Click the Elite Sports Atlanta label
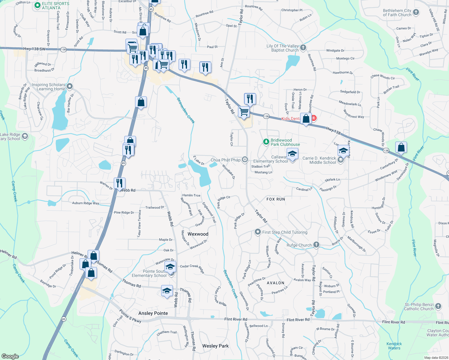pyautogui.click(x=56, y=6)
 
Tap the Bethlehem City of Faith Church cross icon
pyautogui.click(x=416, y=12)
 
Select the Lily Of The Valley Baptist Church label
pyautogui.click(x=282, y=48)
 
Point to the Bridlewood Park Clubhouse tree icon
pyautogui.click(x=266, y=142)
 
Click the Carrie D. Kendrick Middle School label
pyautogui.click(x=319, y=160)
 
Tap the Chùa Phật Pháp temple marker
pyautogui.click(x=245, y=160)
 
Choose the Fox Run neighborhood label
pyautogui.click(x=276, y=199)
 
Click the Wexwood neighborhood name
pyautogui.click(x=198, y=234)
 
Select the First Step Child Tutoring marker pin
pyautogui.click(x=258, y=232)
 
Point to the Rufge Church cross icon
pyautogui.click(x=316, y=245)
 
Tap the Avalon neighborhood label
pyautogui.click(x=275, y=283)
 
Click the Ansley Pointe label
pyautogui.click(x=153, y=313)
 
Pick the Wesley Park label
pyautogui.click(x=215, y=346)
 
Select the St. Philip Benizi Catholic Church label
pyautogui.click(x=419, y=307)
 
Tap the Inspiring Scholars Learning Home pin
pyautogui.click(x=70, y=87)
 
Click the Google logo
pyautogui.click(x=10, y=356)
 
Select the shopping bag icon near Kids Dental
pyautogui.click(x=306, y=118)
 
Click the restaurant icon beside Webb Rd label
pyautogui.click(x=119, y=183)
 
